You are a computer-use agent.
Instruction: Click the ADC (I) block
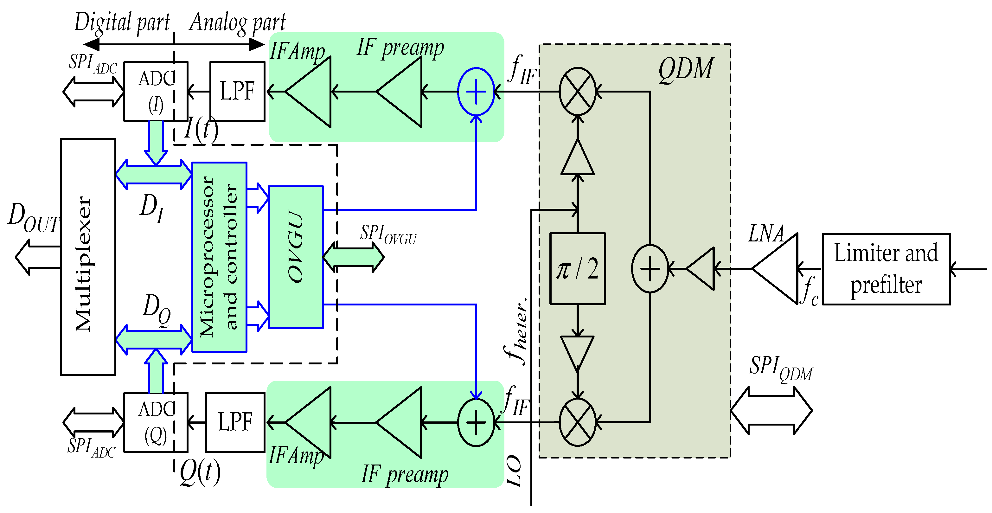156,92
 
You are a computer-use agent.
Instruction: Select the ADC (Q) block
156,422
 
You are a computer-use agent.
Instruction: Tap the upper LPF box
237,92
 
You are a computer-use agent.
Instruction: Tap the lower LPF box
235,422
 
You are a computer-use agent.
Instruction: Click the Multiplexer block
88,257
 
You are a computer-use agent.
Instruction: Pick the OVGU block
296,257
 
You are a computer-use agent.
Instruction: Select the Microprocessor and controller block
219,257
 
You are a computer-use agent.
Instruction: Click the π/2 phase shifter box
577,268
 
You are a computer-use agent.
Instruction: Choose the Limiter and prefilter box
886,269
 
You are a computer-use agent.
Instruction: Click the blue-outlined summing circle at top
476,92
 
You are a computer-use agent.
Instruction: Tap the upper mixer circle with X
577,92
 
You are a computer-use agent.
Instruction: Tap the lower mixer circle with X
577,422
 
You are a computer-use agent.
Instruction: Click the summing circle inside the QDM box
650,268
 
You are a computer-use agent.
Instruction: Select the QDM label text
686,69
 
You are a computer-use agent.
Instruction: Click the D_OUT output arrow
36,257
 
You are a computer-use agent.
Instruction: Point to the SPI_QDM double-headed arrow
771,411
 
